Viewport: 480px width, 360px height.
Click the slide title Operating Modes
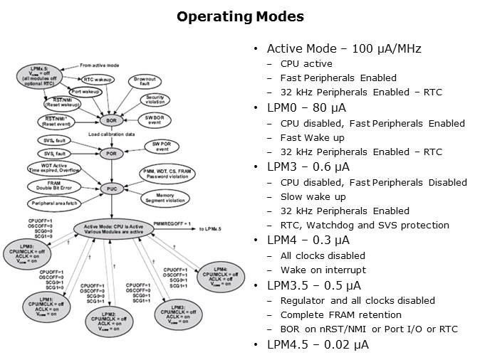coord(240,16)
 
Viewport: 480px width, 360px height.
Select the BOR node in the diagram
coord(110,120)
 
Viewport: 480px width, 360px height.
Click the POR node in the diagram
coord(110,153)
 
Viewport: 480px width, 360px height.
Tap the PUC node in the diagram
coord(110,189)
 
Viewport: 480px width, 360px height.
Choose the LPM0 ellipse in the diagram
coord(26,255)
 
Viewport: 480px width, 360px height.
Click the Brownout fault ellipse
coord(145,81)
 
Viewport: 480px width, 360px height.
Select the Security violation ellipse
coord(155,100)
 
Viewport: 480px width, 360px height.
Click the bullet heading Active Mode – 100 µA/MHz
coord(344,49)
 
